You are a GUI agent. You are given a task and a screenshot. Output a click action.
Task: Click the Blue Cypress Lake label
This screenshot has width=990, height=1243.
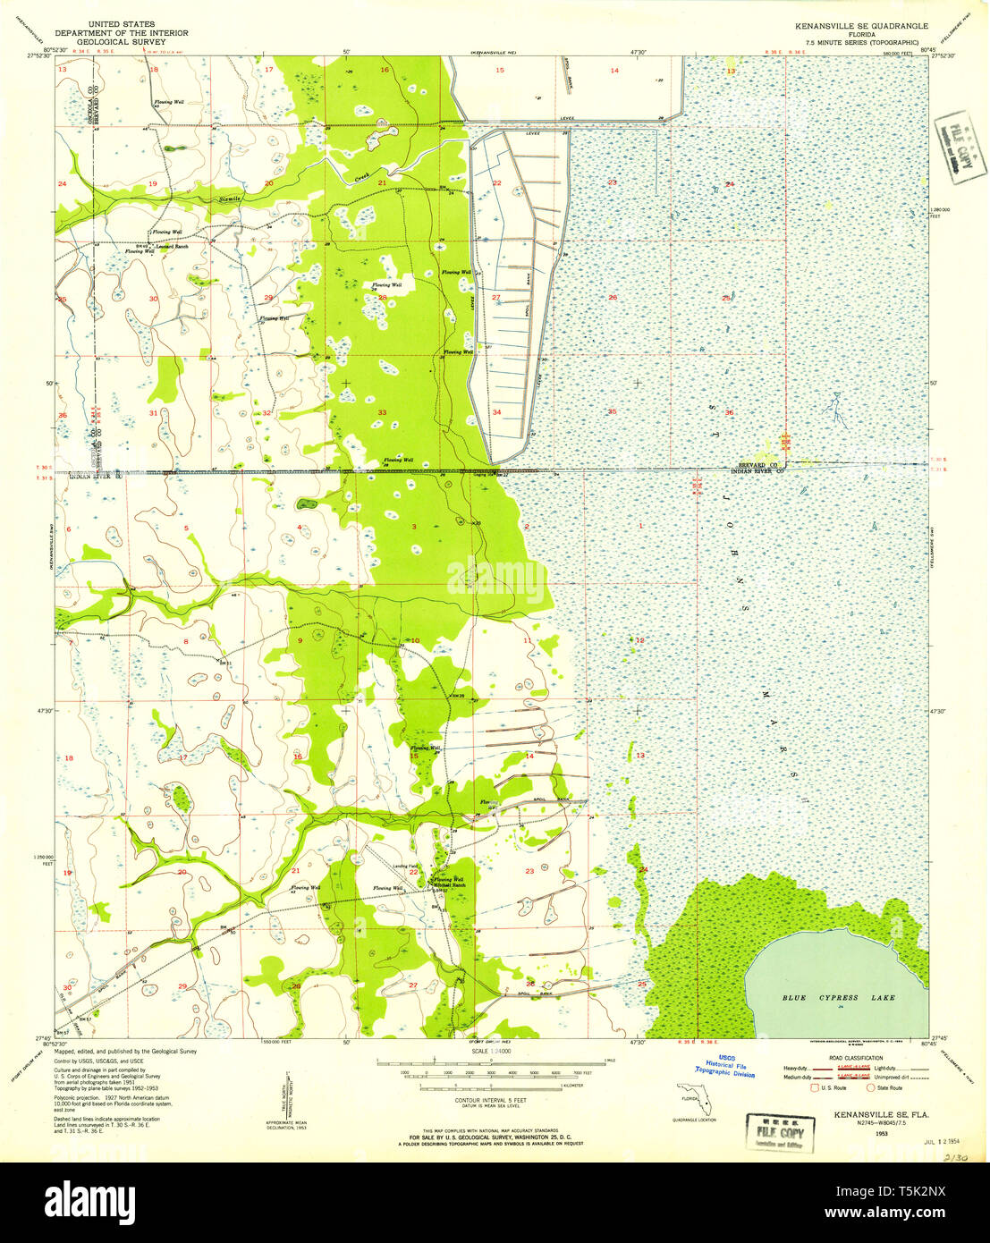point(838,996)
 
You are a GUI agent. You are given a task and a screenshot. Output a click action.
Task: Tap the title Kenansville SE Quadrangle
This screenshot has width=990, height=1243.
point(855,26)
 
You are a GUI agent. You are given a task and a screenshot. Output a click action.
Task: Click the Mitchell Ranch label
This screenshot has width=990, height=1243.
point(448,885)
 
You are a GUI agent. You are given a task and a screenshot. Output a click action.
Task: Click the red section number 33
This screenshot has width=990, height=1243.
point(382,412)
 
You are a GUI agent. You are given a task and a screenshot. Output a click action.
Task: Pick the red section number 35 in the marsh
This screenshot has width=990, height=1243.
point(612,412)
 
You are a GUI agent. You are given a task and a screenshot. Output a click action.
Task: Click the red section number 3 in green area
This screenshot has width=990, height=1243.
point(414,528)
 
